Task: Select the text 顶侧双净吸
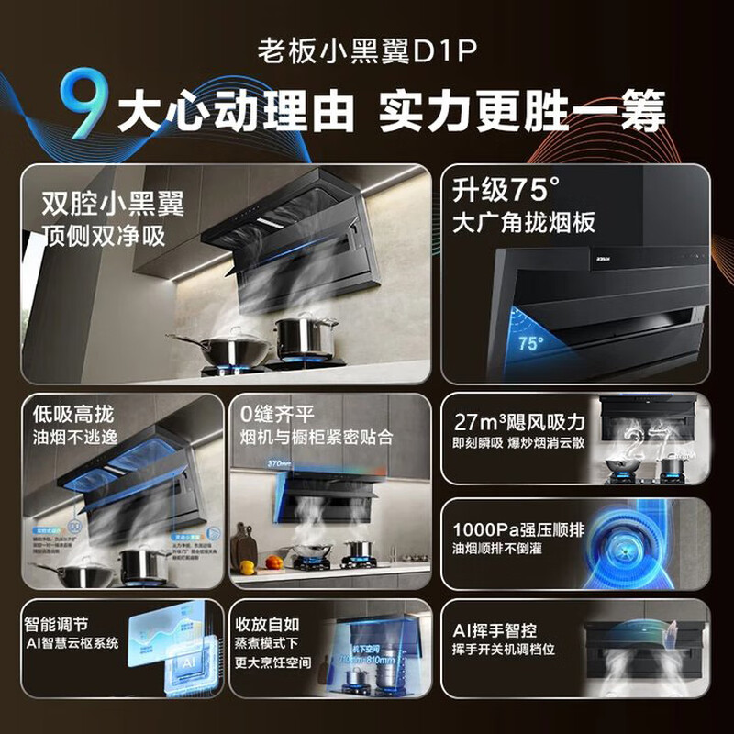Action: (104, 236)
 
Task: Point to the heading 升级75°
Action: (506, 192)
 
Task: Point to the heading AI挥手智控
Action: (506, 631)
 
